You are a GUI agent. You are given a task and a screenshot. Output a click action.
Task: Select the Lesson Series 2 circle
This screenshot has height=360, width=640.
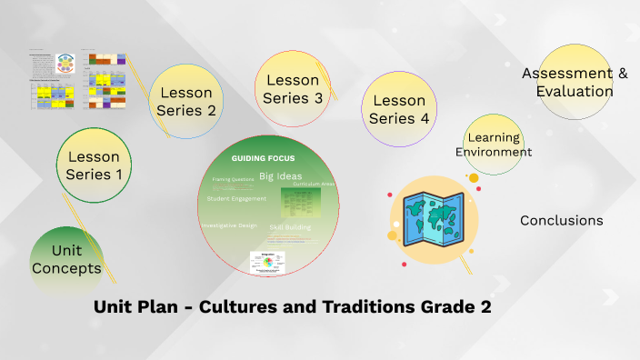186,101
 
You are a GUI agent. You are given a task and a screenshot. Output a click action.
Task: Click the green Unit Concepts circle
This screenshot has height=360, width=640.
66,259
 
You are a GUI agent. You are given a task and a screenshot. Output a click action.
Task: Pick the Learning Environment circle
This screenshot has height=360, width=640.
493,145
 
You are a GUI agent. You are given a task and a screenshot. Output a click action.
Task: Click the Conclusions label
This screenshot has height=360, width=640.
561,220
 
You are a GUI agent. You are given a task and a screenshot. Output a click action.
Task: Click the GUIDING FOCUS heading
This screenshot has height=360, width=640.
256,158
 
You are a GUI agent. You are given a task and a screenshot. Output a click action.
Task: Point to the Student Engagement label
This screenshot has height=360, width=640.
236,198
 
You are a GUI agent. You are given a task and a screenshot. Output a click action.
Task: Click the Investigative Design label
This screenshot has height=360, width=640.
229,225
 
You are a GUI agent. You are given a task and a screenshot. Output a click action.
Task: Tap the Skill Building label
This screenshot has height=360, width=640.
290,226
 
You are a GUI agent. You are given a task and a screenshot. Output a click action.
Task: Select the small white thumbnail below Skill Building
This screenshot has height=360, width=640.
267,262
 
